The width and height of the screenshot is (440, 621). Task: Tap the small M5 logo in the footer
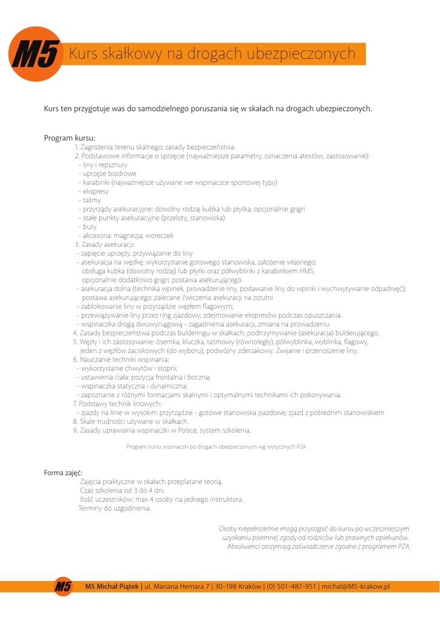63,586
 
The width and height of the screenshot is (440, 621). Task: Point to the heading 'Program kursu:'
69,138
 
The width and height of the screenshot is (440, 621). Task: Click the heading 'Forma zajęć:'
63,472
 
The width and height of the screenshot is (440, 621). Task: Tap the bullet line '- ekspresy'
93,191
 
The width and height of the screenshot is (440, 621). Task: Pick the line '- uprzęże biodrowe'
107,173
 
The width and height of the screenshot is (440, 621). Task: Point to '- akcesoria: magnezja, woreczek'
126,235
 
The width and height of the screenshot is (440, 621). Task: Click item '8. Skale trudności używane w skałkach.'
131,421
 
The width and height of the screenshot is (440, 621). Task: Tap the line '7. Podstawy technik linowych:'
117,403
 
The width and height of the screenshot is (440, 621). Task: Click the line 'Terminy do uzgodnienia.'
115,508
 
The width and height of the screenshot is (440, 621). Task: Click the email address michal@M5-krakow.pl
355,586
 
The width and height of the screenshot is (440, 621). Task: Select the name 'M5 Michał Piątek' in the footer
112,586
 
